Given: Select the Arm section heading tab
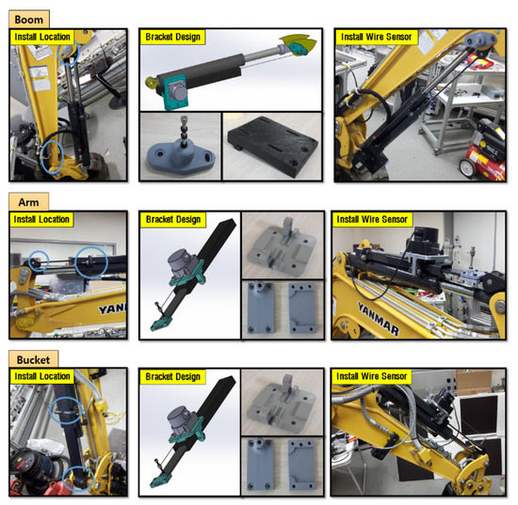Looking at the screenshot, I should [x=26, y=201].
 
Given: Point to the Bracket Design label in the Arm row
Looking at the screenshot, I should [x=173, y=219].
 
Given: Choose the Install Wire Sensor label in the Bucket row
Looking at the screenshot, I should [x=373, y=376].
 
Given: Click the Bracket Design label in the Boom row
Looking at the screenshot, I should [x=173, y=37].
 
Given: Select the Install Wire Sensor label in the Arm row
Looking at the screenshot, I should [x=373, y=219].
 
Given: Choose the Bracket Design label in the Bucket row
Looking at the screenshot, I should [x=173, y=376].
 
